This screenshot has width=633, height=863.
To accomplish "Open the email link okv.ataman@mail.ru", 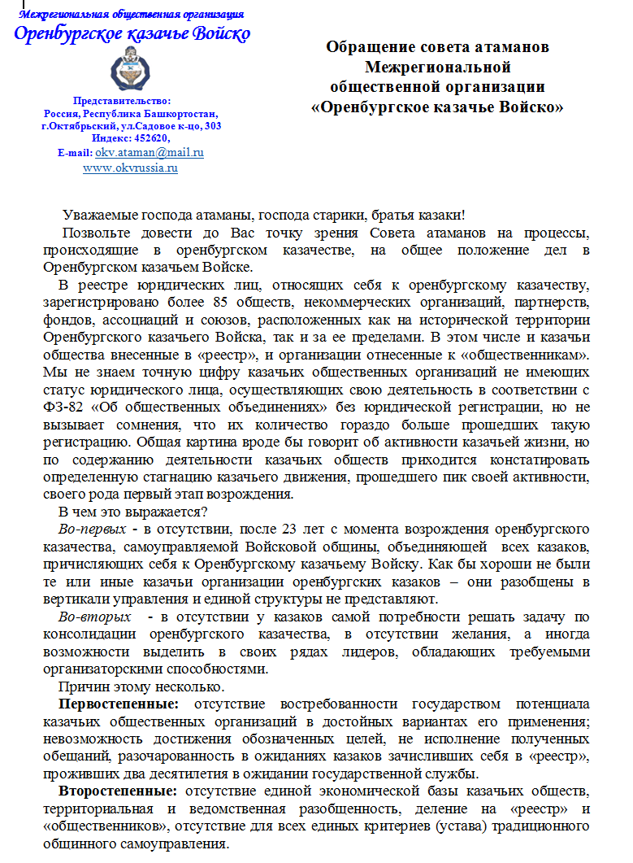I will [x=150, y=152].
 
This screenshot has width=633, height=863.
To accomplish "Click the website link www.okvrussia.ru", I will [x=130, y=168].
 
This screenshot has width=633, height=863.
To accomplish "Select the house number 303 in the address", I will [x=213, y=126].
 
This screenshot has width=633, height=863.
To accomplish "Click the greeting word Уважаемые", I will [x=99, y=216].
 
